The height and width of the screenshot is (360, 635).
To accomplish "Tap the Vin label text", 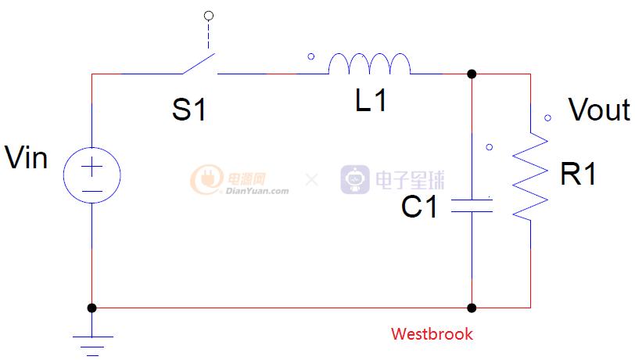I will coord(27,158).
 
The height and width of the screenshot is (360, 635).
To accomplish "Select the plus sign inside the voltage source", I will coord(92,167).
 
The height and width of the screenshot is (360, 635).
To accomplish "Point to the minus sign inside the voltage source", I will coord(92,190).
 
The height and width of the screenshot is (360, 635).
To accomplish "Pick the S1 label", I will coord(190,110).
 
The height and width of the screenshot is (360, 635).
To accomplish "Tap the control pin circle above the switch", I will coord(207,15).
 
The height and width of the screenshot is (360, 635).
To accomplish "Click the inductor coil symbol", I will coord(369,64).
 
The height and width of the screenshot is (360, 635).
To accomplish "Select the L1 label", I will coord(371,101).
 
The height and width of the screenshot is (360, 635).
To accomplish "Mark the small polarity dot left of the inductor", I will coord(311,56).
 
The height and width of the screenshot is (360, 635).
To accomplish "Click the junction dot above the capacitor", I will coord(472,74).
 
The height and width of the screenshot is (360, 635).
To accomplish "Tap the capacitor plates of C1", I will coord(472,206).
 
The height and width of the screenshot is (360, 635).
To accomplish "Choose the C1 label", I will coord(420,207).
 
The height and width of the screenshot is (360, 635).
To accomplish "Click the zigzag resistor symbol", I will coord(530,177).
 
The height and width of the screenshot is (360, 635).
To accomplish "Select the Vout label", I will coord(598,110).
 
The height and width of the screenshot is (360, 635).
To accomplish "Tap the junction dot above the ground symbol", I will coord(92,308).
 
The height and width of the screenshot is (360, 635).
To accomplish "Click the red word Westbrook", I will coord(432,334).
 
